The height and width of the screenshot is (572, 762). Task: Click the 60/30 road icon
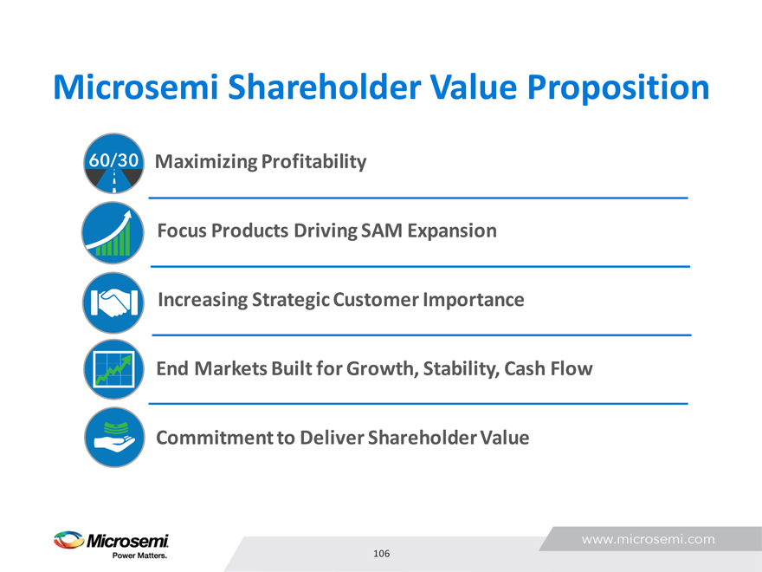point(113,164)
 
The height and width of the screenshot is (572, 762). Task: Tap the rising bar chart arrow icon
point(113,232)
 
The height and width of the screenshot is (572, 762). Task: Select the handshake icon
point(113,302)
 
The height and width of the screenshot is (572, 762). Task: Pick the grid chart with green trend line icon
point(113,370)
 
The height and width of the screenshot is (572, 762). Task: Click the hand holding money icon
point(114,438)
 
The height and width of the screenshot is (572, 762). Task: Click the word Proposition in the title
point(618,88)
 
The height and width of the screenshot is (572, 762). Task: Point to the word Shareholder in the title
point(323,88)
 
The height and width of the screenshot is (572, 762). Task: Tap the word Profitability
point(314,162)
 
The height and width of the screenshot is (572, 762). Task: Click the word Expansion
point(452,231)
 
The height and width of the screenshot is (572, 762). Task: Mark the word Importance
point(474,300)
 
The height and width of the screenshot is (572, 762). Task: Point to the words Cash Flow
point(549,368)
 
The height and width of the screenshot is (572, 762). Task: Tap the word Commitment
point(215,438)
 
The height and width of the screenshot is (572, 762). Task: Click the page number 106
point(382,554)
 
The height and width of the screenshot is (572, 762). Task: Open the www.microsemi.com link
point(649,539)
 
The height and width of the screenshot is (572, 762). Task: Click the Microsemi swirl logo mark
point(69,540)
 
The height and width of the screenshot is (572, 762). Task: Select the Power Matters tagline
point(140,556)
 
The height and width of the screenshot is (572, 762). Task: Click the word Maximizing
point(206,162)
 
